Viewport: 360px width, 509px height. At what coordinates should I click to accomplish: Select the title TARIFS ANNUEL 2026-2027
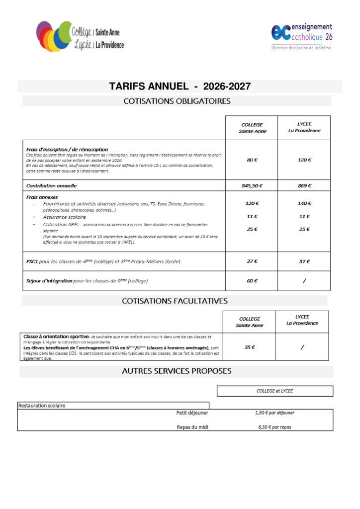pyautogui.click(x=180, y=86)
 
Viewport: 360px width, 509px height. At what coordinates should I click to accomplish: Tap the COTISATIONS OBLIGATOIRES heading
pyautogui.click(x=177, y=101)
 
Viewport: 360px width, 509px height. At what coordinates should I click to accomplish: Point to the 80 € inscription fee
pyautogui.click(x=252, y=160)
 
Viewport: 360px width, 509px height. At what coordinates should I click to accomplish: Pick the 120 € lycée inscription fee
pyautogui.click(x=304, y=160)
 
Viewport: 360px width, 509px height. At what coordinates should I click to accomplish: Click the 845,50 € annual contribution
pyautogui.click(x=252, y=185)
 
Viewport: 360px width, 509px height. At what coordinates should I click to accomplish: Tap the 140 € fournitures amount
pyautogui.click(x=304, y=203)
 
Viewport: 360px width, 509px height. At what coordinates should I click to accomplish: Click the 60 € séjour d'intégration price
pyautogui.click(x=252, y=281)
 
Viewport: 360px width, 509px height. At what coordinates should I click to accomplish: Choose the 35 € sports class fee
pyautogui.click(x=250, y=347)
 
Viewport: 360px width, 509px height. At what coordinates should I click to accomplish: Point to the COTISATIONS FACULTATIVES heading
pyautogui.click(x=175, y=301)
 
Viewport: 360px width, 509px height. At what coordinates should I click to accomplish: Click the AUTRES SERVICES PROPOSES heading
pyautogui.click(x=177, y=371)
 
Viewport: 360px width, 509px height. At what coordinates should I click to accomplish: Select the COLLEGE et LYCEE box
pyautogui.click(x=274, y=391)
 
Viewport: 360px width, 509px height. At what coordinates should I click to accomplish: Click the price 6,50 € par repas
pyautogui.click(x=274, y=427)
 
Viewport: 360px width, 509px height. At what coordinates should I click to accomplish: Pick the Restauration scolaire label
pyautogui.click(x=42, y=406)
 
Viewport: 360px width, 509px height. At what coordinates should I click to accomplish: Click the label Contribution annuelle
pyautogui.click(x=52, y=185)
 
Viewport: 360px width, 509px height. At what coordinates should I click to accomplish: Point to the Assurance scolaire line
pyautogui.click(x=64, y=217)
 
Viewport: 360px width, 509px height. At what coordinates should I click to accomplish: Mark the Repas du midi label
pyautogui.click(x=192, y=427)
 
